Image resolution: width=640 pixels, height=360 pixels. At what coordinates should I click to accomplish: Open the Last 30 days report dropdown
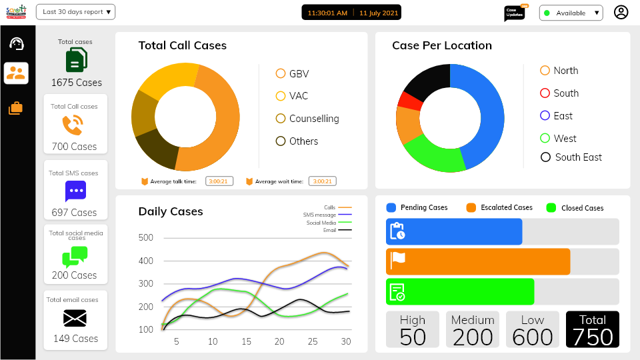[x=76, y=12]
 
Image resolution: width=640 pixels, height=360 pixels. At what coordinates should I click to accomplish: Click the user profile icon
[x=621, y=12]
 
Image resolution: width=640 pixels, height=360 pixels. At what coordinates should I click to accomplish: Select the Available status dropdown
[x=571, y=13]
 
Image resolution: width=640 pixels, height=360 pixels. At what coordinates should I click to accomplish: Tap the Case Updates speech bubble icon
[x=514, y=13]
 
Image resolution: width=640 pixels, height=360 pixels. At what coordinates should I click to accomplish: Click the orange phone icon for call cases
[x=73, y=125]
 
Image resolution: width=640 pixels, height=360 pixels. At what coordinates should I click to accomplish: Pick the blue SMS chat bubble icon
[x=75, y=191]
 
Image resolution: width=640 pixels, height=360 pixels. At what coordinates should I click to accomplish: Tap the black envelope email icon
[x=75, y=317]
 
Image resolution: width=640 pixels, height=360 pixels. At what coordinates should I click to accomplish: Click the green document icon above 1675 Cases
[x=76, y=61]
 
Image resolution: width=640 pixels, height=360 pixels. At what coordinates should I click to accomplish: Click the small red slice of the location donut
[x=409, y=101]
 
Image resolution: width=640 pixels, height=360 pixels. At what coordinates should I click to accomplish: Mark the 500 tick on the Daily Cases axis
[x=146, y=238]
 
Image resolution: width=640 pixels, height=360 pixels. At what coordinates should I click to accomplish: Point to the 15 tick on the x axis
[x=247, y=341]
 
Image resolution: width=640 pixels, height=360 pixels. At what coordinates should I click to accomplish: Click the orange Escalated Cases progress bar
[x=478, y=261]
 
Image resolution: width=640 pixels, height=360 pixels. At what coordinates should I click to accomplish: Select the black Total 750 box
[x=592, y=329]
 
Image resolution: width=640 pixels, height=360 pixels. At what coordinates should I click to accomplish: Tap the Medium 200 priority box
[x=473, y=329]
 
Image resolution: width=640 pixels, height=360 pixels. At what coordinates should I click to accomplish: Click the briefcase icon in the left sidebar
[x=16, y=107]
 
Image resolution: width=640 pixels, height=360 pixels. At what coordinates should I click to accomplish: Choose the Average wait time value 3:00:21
[x=323, y=181]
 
